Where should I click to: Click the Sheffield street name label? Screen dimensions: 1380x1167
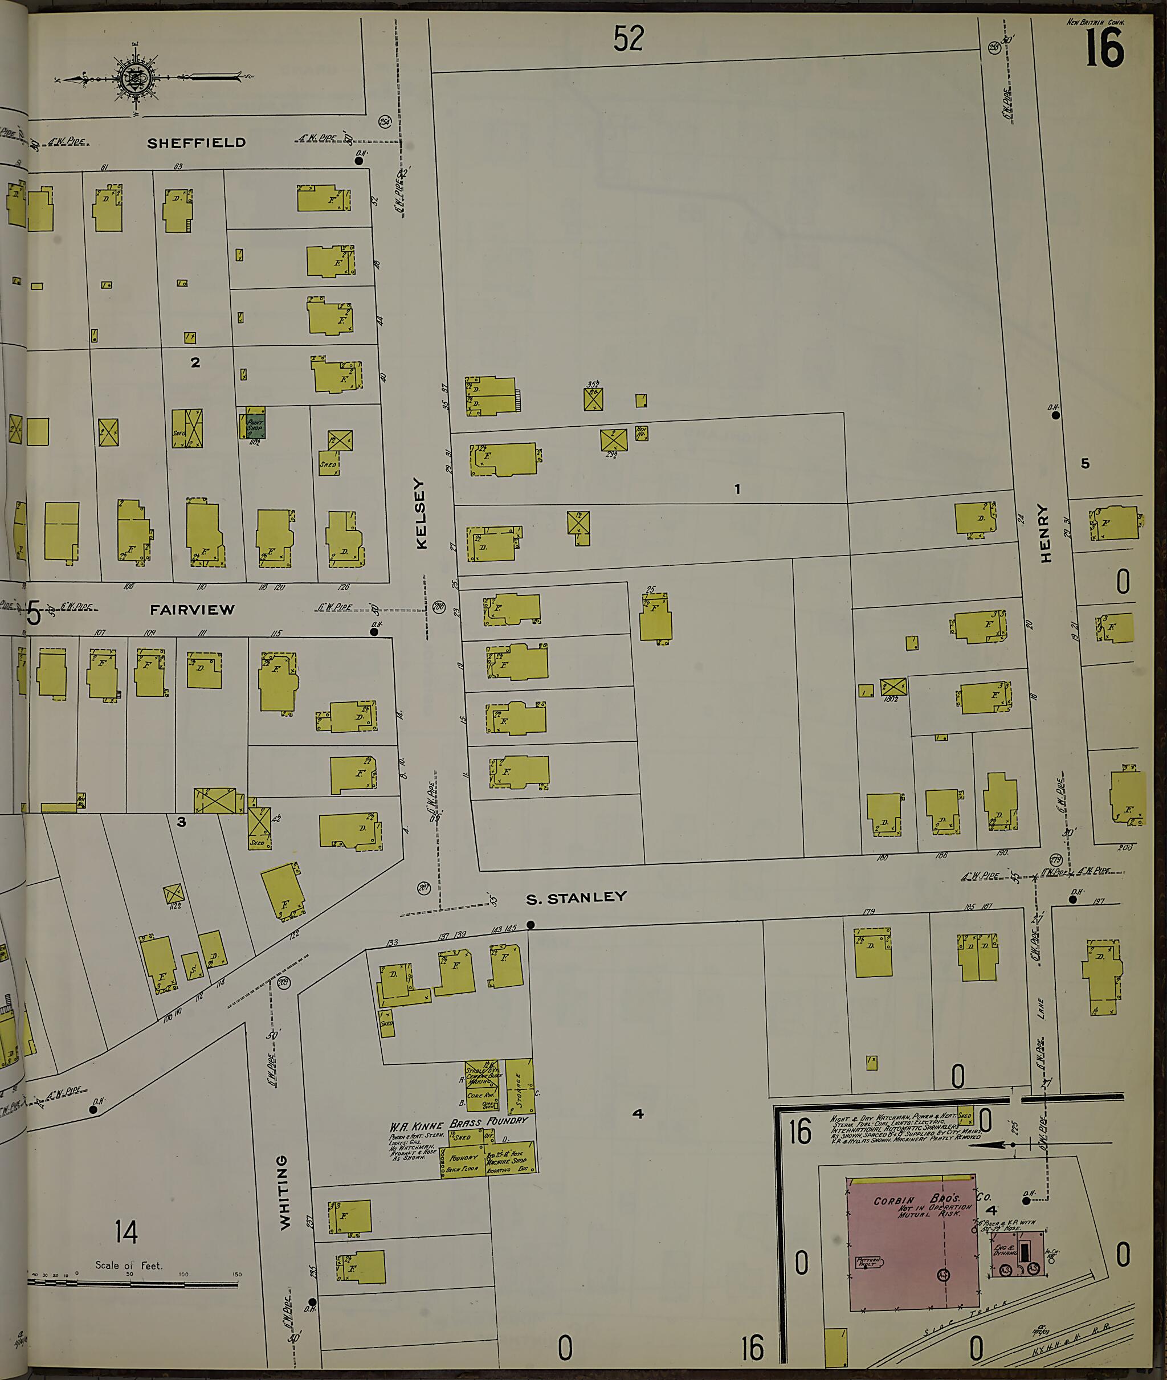(x=196, y=143)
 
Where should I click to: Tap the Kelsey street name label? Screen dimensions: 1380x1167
(x=422, y=513)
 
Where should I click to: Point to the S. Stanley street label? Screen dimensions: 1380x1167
(x=576, y=898)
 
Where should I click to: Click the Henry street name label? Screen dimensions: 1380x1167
(x=1045, y=533)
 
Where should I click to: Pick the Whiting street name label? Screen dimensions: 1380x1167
(x=284, y=1192)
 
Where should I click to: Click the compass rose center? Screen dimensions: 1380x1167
(x=137, y=78)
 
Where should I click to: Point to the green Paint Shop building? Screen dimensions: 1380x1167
(x=255, y=424)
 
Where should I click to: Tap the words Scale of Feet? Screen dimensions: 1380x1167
(x=128, y=1265)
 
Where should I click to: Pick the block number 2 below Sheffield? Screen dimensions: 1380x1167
(x=195, y=362)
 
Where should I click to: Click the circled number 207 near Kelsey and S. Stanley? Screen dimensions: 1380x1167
(x=424, y=888)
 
